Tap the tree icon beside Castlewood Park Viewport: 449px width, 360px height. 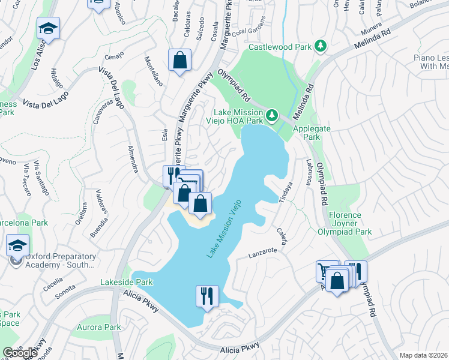click(321, 46)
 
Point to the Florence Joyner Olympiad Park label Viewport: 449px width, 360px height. click(345, 223)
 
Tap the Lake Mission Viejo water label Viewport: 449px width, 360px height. click(223, 229)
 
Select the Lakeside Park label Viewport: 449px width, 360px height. click(127, 282)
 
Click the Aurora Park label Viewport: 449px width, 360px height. click(98, 327)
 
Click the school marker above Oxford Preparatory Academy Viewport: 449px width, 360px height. click(17, 246)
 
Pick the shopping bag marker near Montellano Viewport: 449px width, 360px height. click(179, 60)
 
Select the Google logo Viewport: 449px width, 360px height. click(20, 352)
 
